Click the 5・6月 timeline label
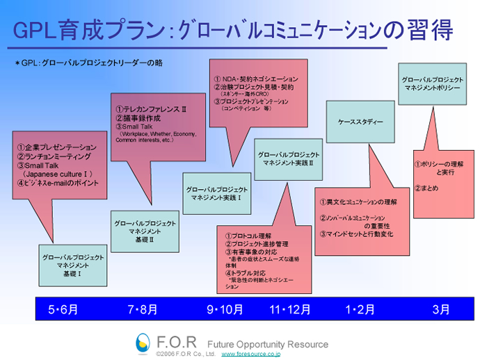coord(63,309)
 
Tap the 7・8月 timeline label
coord(143,309)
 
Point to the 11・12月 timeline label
coord(290,309)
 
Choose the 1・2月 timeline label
coord(360,309)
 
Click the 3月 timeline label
coord(440,309)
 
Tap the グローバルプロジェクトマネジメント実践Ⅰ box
coord(217,193)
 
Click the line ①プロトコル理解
coord(247,236)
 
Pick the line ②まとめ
coord(426,188)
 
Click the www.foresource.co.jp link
coord(250,354)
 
